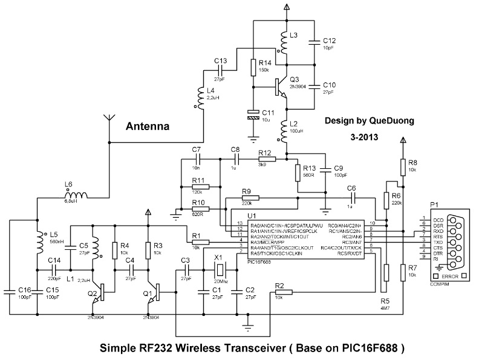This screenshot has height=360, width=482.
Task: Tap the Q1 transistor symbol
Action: (x=156, y=294)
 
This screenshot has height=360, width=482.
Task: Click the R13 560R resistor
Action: (x=297, y=173)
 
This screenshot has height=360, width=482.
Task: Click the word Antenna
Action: (x=148, y=127)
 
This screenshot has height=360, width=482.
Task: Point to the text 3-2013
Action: (x=363, y=138)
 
